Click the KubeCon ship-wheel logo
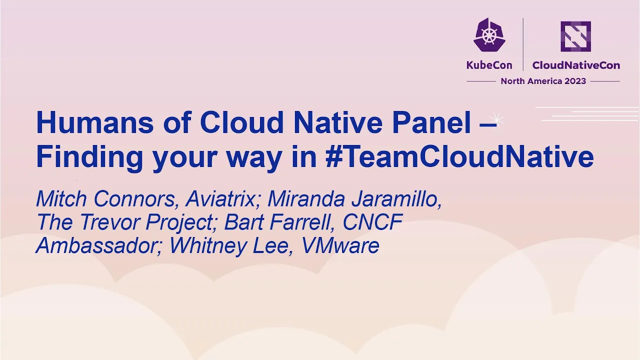coord(489,35)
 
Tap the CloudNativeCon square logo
coord(575,36)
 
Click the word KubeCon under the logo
coord(489,65)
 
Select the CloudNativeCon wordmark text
coord(576,65)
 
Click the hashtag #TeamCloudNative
coord(459,156)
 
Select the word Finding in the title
coord(89,158)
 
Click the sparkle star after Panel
coord(496,119)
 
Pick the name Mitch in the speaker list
coord(61,199)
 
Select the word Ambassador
coord(98,245)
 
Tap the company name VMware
coord(340,245)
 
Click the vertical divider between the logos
coord(523,44)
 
